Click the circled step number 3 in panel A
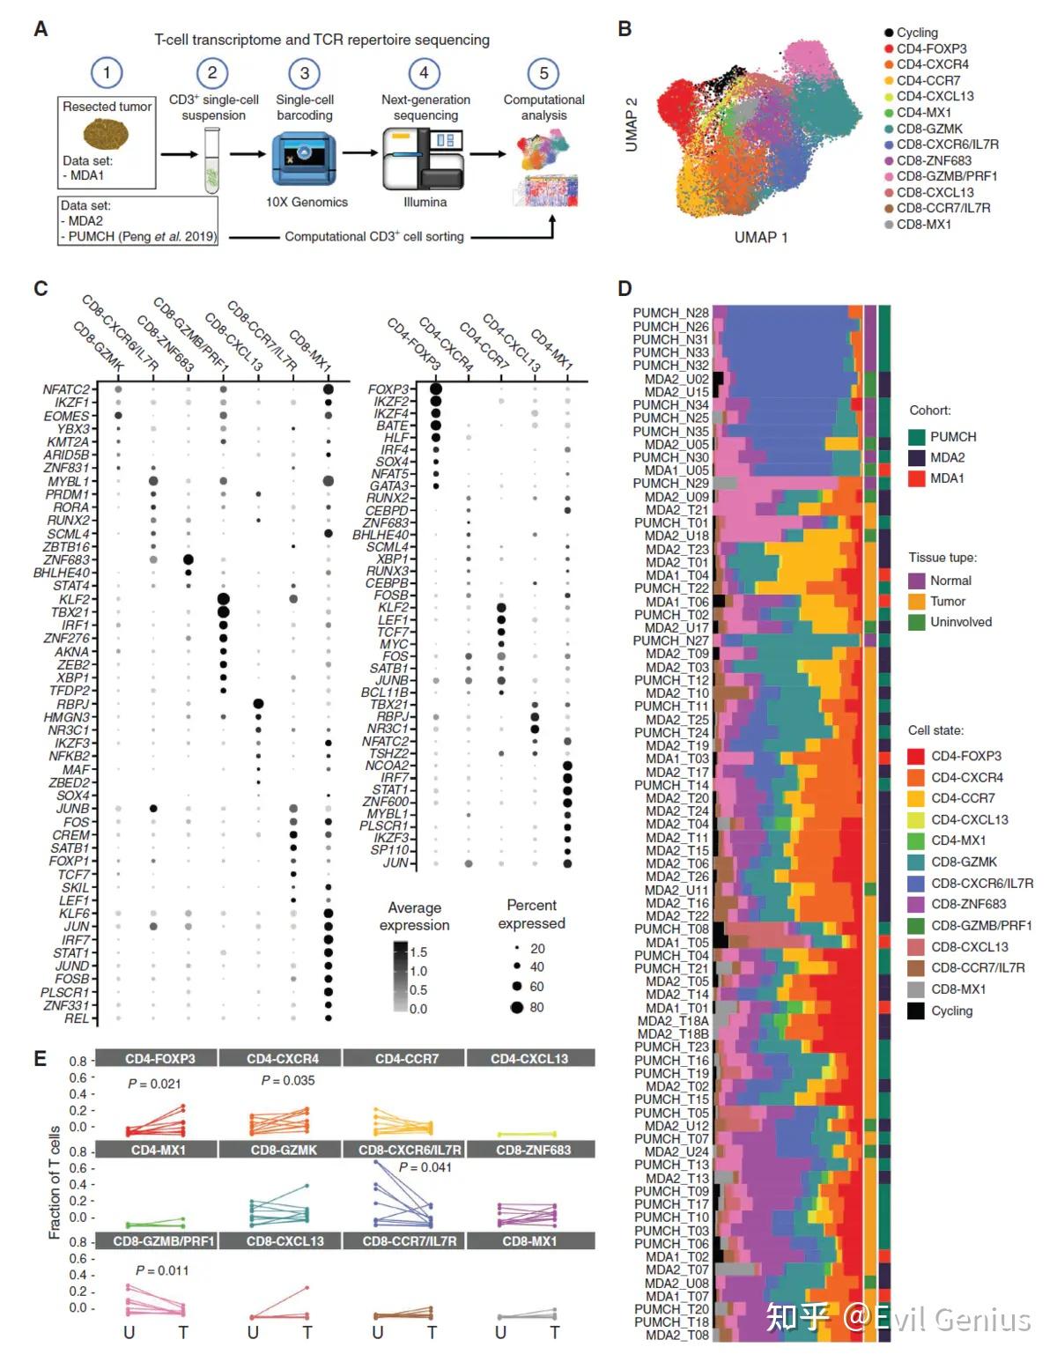tap(304, 73)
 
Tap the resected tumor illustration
tap(107, 135)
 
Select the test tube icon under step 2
tap(211, 159)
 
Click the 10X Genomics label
tap(307, 203)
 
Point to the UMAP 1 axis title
tap(761, 237)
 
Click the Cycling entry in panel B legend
tap(916, 33)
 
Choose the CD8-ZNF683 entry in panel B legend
tap(933, 160)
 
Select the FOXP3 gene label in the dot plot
tap(388, 389)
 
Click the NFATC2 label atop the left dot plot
tap(67, 389)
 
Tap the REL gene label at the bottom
tap(77, 1018)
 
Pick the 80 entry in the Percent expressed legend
tap(536, 1007)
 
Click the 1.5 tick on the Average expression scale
tap(418, 951)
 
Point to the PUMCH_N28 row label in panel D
tap(670, 313)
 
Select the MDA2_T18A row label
tap(673, 1021)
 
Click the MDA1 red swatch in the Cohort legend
tap(917, 478)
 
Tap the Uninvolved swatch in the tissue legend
tap(917, 622)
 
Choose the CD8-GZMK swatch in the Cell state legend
tap(916, 862)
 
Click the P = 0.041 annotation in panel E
tap(425, 1167)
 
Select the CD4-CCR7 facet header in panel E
tap(406, 1058)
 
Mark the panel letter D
tap(625, 288)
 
